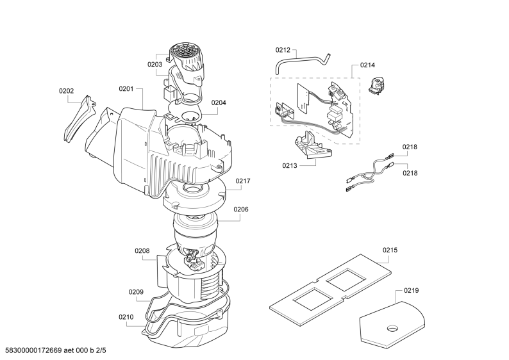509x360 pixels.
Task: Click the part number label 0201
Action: click(126, 88)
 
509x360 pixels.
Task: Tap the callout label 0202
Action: click(66, 91)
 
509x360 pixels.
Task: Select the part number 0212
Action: click(283, 50)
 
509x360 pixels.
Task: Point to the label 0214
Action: click(367, 65)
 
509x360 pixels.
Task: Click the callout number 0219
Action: click(412, 291)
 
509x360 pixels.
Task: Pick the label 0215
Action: click(390, 250)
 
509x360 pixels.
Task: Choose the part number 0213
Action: click(290, 166)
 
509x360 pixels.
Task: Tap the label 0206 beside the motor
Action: click(241, 209)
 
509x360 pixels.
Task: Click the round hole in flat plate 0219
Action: click(392, 329)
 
